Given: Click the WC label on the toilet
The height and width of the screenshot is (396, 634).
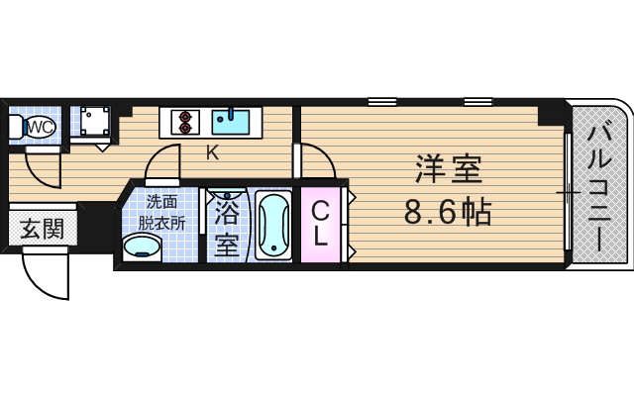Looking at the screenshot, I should [40, 126].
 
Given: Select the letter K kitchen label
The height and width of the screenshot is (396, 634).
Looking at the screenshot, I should [212, 152].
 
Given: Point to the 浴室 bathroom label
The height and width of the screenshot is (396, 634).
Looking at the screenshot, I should [227, 227].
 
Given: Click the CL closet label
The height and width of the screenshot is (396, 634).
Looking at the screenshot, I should [321, 225].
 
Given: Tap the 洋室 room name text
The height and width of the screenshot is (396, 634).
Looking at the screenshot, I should [448, 170].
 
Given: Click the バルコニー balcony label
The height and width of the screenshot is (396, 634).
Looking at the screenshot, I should [598, 185].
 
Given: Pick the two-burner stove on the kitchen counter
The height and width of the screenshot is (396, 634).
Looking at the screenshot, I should [183, 121].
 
